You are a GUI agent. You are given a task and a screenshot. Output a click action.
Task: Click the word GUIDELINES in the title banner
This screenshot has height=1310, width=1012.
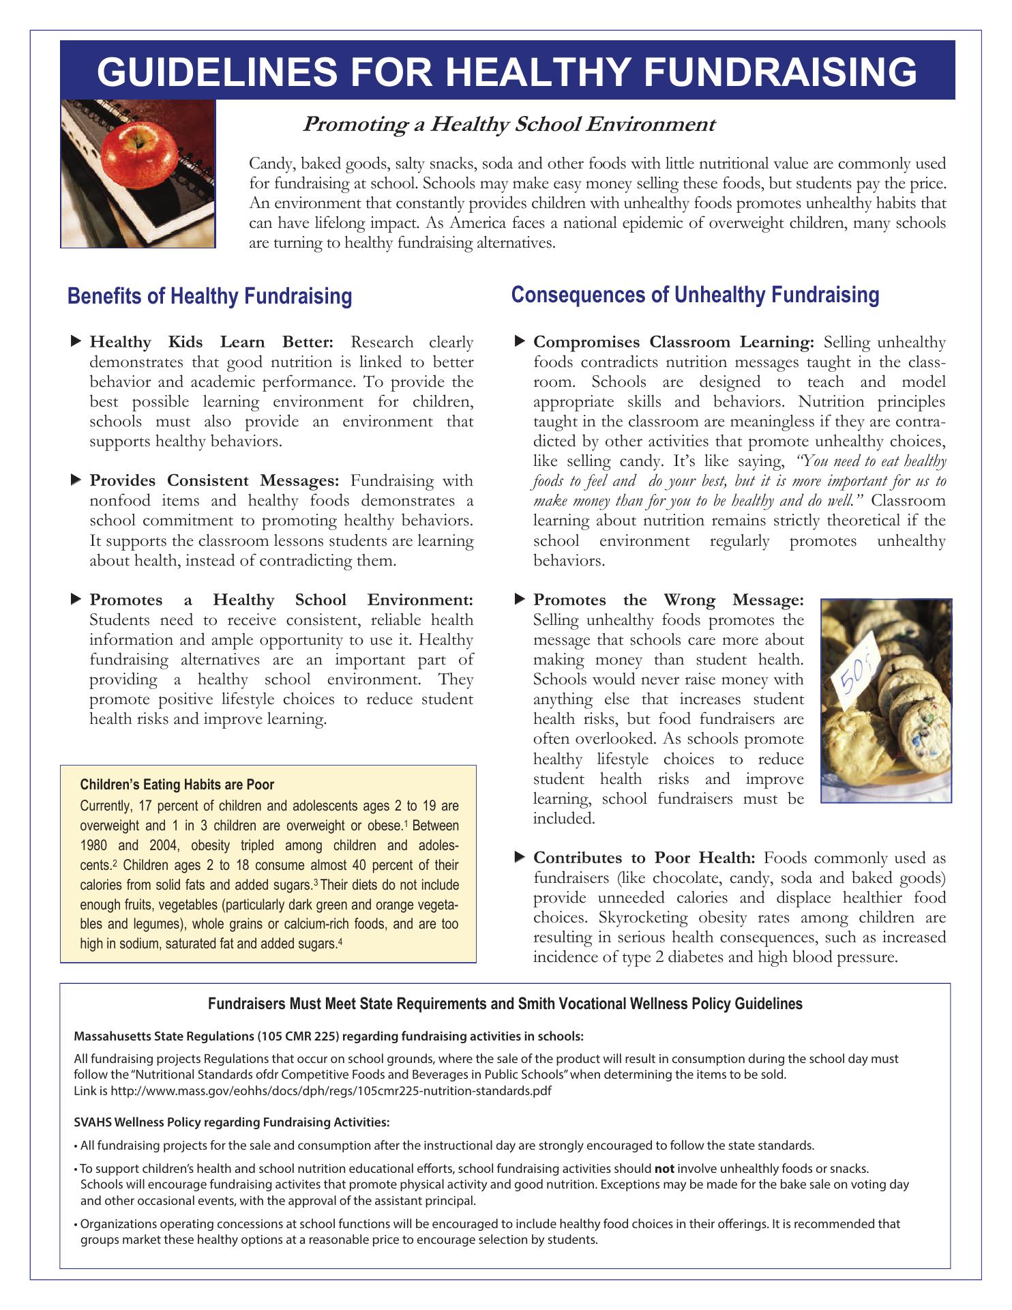[x=226, y=72]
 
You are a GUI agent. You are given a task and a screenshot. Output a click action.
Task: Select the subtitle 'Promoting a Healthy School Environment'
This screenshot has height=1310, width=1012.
[x=508, y=124]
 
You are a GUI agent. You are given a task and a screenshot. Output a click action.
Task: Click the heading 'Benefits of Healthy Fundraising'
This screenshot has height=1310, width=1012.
[x=210, y=297]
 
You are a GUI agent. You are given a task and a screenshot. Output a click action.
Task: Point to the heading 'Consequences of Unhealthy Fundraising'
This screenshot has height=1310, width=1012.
[x=695, y=295]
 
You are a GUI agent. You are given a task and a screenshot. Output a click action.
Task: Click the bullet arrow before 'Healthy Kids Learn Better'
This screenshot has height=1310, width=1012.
[x=76, y=340]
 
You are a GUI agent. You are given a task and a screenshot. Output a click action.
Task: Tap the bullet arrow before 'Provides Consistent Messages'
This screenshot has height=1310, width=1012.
[x=76, y=480]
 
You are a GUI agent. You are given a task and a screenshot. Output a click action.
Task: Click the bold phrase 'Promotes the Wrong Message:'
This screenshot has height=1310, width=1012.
[x=668, y=600]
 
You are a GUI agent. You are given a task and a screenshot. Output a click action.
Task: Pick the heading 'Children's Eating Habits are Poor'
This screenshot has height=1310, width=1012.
[x=177, y=785]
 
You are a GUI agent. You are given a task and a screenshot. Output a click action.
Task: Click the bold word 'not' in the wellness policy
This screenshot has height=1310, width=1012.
[x=664, y=1168]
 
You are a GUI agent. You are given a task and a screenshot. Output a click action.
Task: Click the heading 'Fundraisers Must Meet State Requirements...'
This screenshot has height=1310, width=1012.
[x=505, y=1004]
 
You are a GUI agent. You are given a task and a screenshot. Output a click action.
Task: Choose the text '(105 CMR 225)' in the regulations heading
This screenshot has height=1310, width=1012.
[x=299, y=1036]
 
